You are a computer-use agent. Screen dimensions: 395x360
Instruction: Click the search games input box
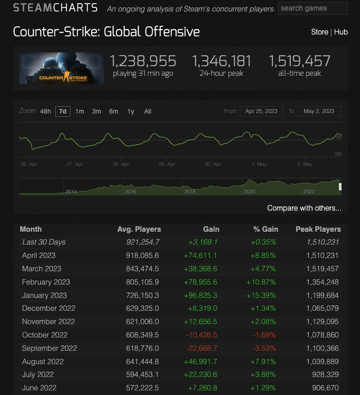click(x=313, y=8)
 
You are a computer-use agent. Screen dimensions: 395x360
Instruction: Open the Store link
click(x=319, y=32)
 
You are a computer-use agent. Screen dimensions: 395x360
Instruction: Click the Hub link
click(x=341, y=32)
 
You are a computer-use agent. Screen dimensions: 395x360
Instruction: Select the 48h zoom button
click(x=46, y=111)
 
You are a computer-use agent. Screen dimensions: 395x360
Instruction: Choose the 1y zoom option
click(x=131, y=111)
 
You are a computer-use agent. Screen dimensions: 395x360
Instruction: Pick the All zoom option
click(x=148, y=111)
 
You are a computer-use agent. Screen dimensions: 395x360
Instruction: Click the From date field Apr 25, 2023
click(x=261, y=111)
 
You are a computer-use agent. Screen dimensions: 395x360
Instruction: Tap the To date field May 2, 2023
click(x=319, y=111)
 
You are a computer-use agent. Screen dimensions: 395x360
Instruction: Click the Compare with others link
click(x=304, y=208)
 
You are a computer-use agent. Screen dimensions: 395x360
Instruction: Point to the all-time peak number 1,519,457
click(x=300, y=61)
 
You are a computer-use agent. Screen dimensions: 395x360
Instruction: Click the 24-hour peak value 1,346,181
click(x=221, y=61)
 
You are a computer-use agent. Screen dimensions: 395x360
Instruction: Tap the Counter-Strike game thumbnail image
click(x=62, y=68)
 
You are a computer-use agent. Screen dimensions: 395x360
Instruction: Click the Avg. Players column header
click(x=139, y=229)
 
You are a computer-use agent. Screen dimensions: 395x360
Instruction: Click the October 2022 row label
click(x=45, y=335)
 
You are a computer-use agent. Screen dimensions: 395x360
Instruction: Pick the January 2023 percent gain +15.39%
click(x=263, y=295)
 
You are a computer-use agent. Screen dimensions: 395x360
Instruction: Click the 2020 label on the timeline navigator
click(x=249, y=191)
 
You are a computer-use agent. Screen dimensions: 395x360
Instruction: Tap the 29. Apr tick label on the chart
click(x=167, y=164)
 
